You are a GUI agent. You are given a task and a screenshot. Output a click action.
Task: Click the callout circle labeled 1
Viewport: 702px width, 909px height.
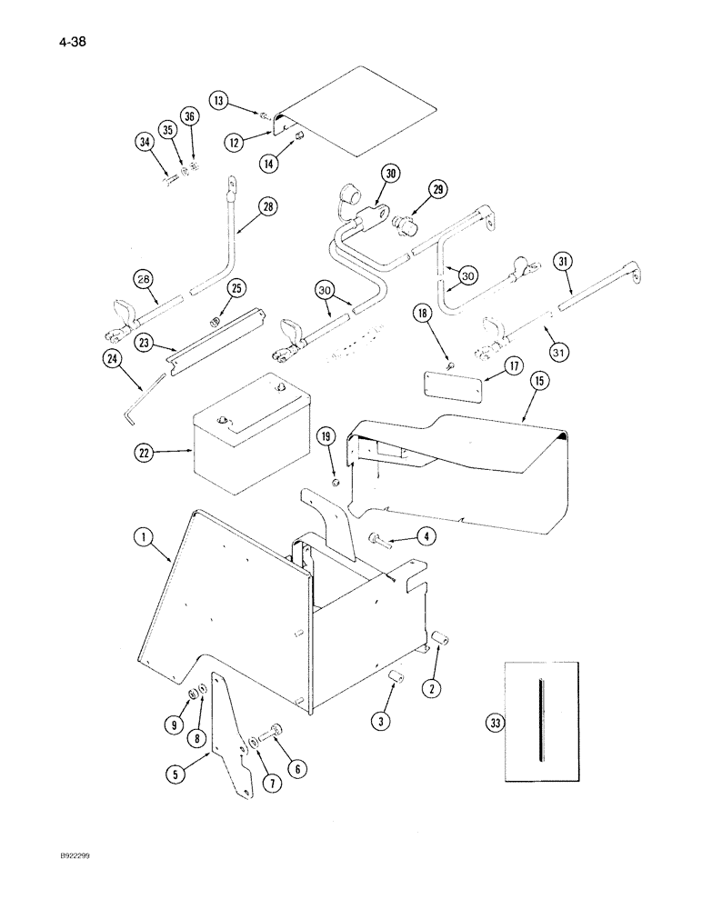[141, 538]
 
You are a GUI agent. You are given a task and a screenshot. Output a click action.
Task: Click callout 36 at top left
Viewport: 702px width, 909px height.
[188, 116]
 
